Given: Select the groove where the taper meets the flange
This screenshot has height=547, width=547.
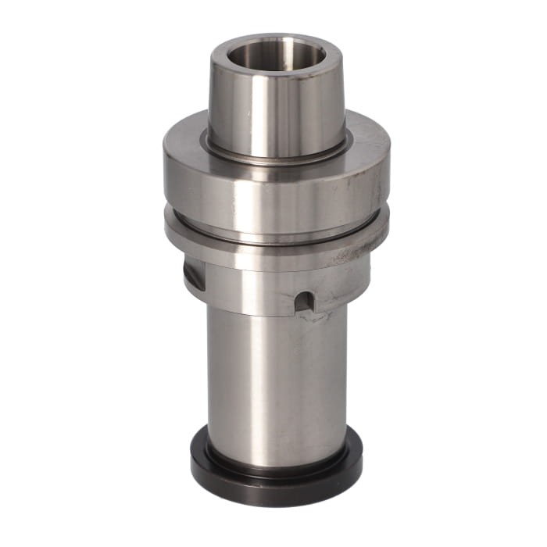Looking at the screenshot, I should point(273,157).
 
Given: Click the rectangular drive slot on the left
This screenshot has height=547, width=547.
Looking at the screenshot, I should point(194,275).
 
